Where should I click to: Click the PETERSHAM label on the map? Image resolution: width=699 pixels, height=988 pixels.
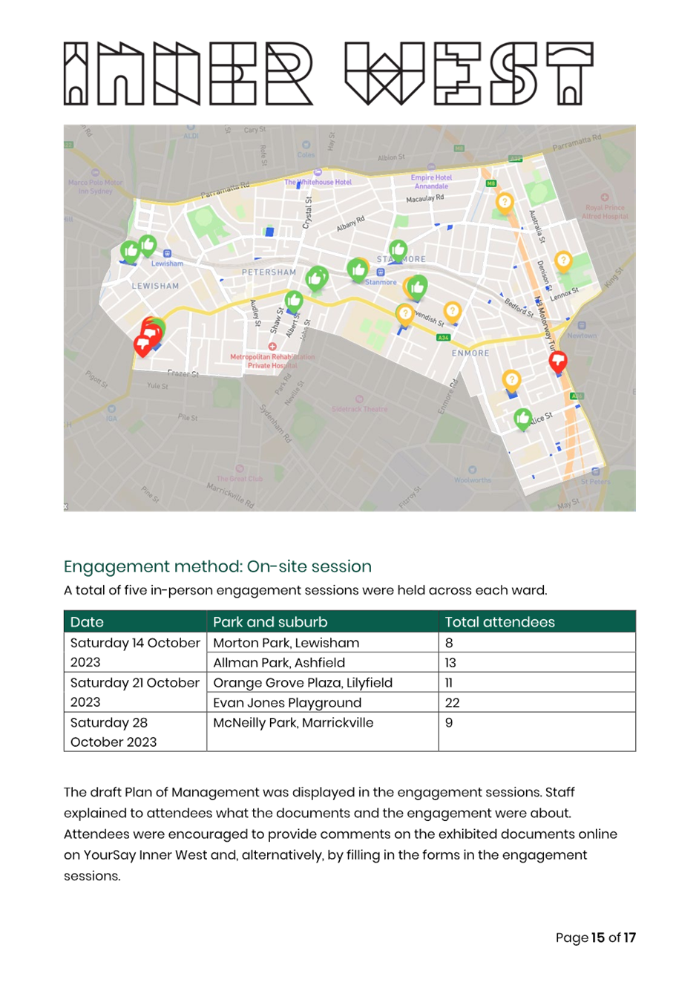click(x=269, y=272)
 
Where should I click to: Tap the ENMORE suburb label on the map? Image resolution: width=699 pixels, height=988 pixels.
click(x=470, y=353)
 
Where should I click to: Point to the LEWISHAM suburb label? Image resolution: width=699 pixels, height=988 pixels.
click(x=155, y=286)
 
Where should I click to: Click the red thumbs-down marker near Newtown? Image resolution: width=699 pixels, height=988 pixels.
click(x=558, y=361)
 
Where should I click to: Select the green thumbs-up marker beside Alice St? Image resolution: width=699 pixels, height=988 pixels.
click(x=523, y=419)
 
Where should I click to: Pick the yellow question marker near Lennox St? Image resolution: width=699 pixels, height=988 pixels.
click(x=563, y=261)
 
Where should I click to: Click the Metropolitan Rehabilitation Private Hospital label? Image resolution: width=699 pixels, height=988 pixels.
click(x=272, y=361)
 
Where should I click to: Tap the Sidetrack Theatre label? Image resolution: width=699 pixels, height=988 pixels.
click(x=360, y=409)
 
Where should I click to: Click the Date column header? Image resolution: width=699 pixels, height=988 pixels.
click(x=87, y=622)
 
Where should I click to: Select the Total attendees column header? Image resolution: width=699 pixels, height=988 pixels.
click(x=499, y=622)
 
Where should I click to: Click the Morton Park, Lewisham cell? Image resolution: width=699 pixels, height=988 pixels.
click(x=286, y=643)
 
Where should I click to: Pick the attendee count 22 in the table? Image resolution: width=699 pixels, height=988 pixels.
click(x=452, y=702)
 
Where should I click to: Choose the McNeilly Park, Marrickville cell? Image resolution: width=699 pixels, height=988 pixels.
click(x=293, y=722)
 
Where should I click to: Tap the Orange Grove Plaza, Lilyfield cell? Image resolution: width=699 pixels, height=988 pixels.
click(x=302, y=682)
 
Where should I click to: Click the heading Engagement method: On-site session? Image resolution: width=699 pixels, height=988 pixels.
click(x=217, y=566)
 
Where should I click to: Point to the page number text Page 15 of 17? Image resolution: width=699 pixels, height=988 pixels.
click(x=595, y=938)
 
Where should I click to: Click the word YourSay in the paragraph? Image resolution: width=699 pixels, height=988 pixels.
click(x=109, y=854)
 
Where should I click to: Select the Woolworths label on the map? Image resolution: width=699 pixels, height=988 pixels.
click(x=473, y=480)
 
